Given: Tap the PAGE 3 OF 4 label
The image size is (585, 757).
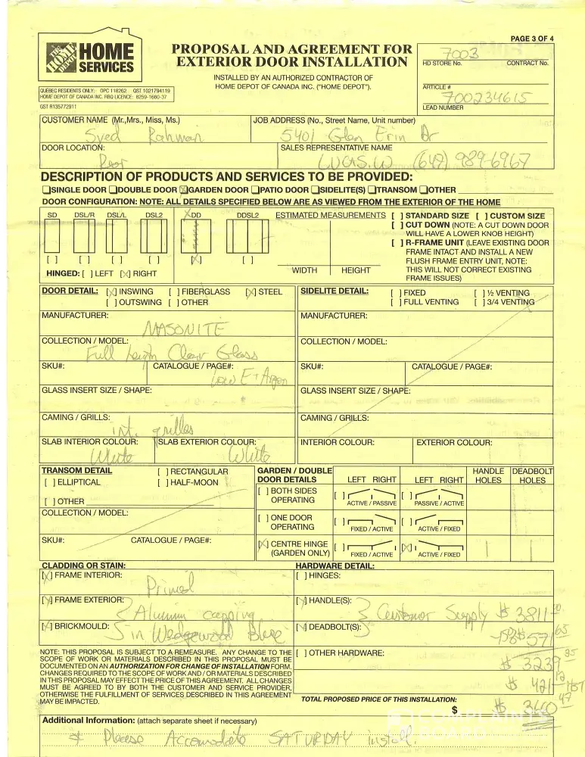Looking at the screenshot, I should [532, 38].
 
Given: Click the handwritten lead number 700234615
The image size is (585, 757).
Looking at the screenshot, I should [488, 98].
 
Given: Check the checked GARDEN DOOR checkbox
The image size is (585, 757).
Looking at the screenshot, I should [184, 190].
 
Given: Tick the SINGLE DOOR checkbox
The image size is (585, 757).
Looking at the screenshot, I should [46, 190].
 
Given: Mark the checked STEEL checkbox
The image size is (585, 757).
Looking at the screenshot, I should [250, 291].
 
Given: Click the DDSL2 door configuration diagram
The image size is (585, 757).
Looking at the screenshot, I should [247, 239].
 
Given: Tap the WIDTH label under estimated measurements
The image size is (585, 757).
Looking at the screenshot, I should [304, 270].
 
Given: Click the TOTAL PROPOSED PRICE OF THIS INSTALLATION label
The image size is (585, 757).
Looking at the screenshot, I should [378, 699].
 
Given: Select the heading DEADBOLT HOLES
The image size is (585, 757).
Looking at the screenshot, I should [533, 475].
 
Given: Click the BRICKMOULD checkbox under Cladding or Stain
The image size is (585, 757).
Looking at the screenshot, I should [48, 627].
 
